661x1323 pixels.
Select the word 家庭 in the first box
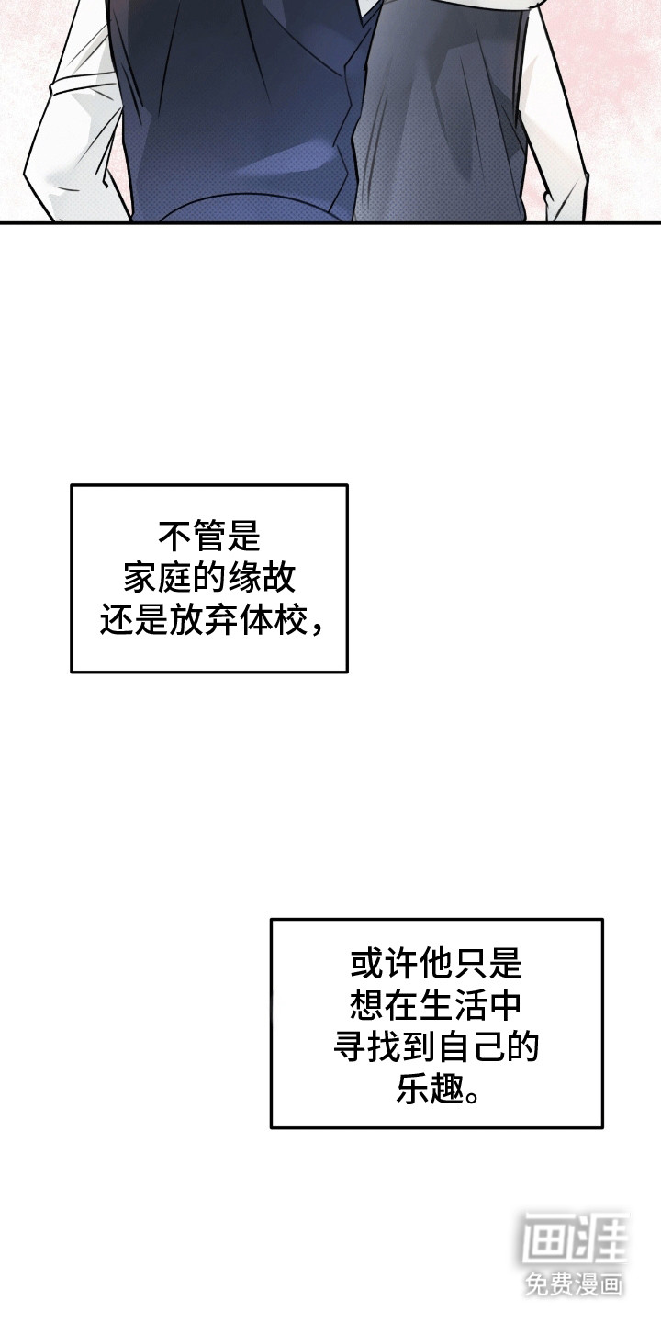click(158, 578)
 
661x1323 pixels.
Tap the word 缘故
click(261, 578)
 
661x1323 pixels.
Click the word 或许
click(384, 964)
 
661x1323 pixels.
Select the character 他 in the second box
click(436, 964)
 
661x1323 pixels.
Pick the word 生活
click(454, 1006)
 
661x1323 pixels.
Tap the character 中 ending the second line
click(505, 1006)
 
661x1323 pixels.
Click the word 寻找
click(367, 1047)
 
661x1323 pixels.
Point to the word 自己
click(471, 1047)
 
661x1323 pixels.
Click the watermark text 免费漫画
click(574, 1283)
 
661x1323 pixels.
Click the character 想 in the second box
click(367, 1006)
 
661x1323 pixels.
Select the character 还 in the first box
click(117, 620)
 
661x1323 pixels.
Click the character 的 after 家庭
click(209, 578)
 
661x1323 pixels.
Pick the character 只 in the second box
click(471, 964)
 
